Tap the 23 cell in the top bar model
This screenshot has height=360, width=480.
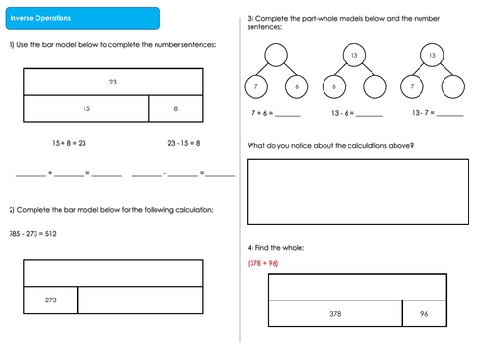coord(112,84)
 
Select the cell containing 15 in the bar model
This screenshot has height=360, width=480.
coord(85,108)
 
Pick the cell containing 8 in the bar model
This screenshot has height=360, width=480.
coord(176,108)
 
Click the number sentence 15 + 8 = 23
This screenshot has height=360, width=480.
coord(69,143)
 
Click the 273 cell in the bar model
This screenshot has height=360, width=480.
coord(50,300)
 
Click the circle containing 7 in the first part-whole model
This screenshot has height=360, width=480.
coord(256,86)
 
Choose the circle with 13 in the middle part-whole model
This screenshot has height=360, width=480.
coord(353,58)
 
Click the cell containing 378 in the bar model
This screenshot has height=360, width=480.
coord(335,313)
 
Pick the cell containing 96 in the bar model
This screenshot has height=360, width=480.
coord(423,313)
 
